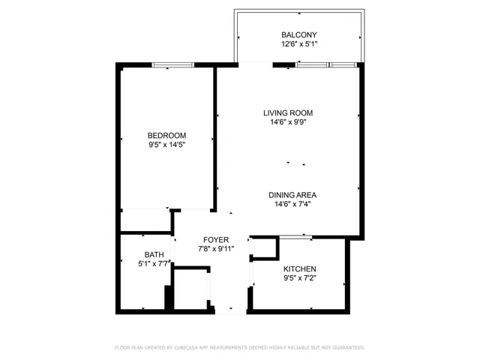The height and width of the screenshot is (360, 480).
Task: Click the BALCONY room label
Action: coord(299,35)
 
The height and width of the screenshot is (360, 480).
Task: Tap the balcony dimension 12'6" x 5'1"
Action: coord(299,44)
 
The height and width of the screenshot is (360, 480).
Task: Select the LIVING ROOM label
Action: coord(288,113)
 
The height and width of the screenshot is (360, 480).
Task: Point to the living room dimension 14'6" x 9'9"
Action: coord(288,122)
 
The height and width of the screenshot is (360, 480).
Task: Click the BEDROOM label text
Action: coord(166,135)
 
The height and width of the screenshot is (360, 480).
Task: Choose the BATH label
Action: coord(155,255)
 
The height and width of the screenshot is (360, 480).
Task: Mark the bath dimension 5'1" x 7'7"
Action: coord(155,264)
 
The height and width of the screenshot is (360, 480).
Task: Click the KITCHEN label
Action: coord(299,269)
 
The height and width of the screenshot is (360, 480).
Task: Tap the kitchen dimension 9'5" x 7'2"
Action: coord(299,278)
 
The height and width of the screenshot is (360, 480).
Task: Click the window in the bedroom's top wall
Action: coord(173,65)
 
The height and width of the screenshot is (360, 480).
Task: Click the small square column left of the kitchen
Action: coord(262,249)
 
